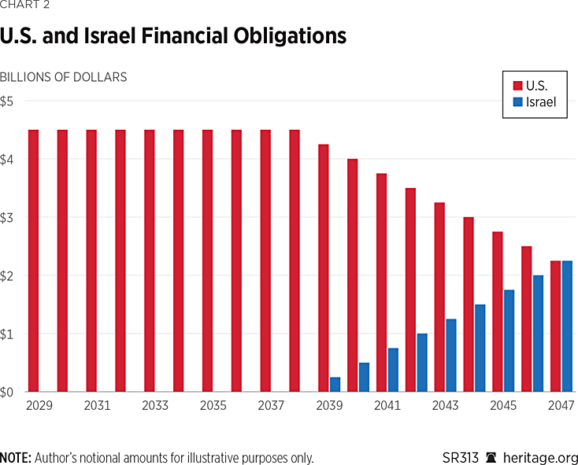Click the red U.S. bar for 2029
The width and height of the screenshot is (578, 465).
tap(33, 260)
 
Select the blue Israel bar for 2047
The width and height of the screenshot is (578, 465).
tap(567, 326)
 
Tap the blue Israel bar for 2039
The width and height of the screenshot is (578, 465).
tap(335, 384)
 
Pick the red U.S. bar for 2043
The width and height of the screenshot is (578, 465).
tap(439, 297)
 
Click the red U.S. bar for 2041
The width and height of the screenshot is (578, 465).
tap(381, 282)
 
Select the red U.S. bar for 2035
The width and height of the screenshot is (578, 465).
tap(207, 260)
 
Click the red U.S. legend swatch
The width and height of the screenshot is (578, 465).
tap(517, 84)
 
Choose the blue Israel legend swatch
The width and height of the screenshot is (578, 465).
tap(517, 102)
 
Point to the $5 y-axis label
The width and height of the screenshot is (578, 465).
tap(7, 101)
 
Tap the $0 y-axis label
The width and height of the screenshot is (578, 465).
tap(7, 392)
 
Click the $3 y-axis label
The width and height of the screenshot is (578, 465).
tap(7, 217)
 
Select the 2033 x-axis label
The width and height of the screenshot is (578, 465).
tap(154, 408)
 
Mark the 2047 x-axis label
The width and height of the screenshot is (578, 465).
tap(561, 408)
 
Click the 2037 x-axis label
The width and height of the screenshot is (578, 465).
tap(270, 408)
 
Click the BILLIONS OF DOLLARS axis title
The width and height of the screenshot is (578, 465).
tap(64, 77)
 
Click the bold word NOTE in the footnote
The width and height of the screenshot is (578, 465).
tap(15, 457)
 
